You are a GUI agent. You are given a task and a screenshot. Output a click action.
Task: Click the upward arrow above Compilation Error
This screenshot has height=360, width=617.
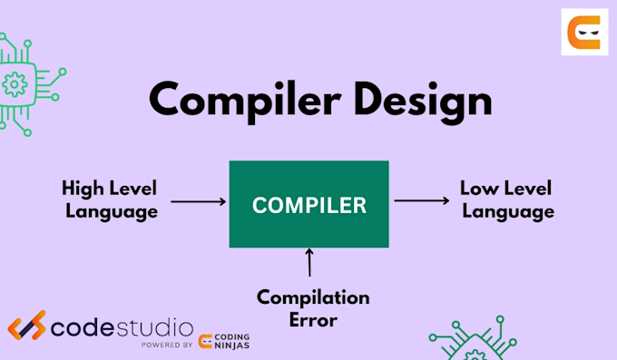point(309,262)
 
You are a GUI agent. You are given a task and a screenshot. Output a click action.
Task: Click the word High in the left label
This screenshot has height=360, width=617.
point(83,189)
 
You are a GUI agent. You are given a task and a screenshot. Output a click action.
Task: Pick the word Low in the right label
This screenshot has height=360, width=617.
point(478,189)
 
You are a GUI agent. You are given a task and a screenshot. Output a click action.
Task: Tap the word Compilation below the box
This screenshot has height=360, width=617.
point(313,297)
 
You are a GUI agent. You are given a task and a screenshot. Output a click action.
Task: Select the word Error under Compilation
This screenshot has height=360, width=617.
point(313,319)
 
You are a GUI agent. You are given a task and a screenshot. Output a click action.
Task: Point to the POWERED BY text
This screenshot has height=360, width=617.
point(167,345)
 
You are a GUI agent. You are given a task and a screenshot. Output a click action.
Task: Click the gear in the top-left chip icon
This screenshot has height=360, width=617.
point(15,86)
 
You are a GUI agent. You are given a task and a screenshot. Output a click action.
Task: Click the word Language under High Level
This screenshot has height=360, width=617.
point(110,212)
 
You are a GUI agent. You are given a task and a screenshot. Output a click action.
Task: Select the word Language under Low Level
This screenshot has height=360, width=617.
point(506,212)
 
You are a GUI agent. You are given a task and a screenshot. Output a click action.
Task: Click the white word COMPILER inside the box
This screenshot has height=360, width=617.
point(308,205)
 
